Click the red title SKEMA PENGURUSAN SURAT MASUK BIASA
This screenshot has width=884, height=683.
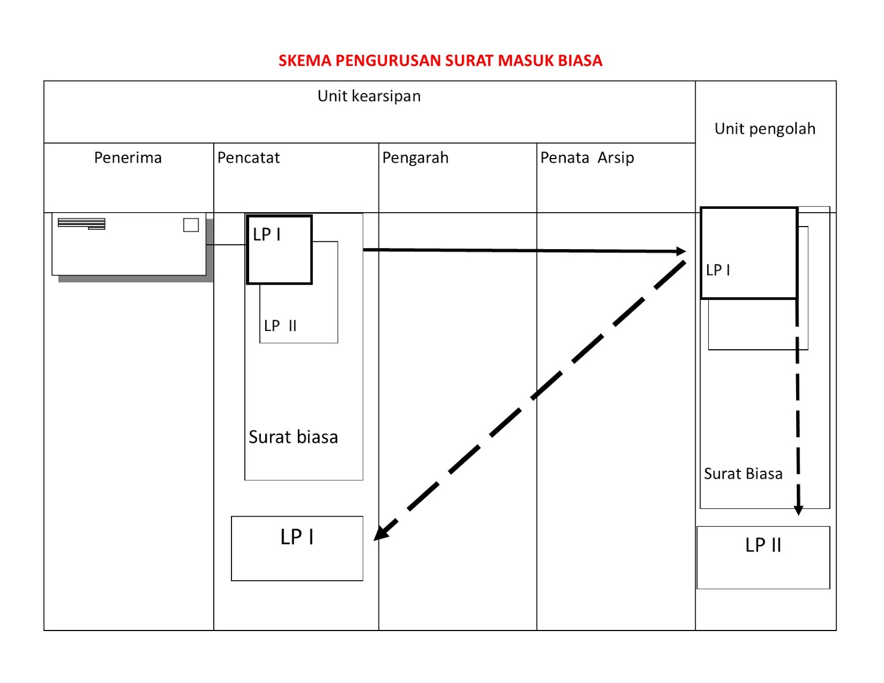point(440,60)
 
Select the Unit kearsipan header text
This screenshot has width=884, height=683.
point(369,96)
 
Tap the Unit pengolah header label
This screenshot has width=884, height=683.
point(765,129)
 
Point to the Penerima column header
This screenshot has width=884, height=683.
point(128,158)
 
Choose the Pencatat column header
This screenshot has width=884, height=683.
point(249,158)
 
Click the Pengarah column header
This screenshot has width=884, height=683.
point(415,158)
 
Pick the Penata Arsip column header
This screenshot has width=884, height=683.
point(587,158)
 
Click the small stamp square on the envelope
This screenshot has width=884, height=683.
point(191,225)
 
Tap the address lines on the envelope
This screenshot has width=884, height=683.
point(81,223)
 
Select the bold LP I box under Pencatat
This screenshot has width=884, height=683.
point(280,250)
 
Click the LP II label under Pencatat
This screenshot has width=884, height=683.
point(280,326)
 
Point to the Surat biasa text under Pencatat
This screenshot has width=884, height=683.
point(293,437)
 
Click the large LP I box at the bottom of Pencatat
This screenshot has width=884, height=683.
point(297,548)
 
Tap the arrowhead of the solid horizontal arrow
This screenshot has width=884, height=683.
point(682,251)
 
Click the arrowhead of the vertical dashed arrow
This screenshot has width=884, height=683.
point(798,510)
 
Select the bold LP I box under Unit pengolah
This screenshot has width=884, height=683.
point(749,253)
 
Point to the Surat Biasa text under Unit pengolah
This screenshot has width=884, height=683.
point(743,474)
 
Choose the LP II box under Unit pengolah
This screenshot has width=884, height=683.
point(763,557)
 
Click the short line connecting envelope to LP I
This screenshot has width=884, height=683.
point(226,244)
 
